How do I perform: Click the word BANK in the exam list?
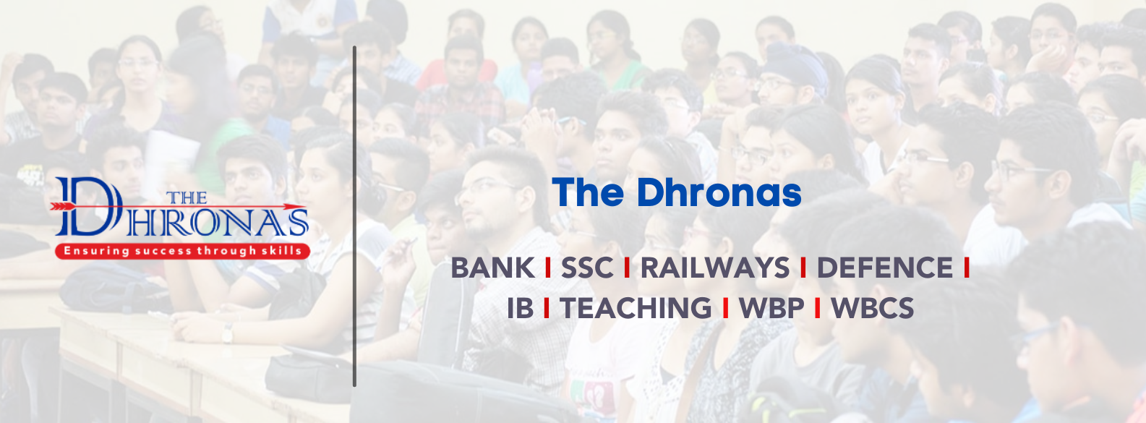[492, 268]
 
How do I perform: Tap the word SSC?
[587, 268]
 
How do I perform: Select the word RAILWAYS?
[715, 268]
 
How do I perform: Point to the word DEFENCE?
[884, 268]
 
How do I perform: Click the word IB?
[520, 308]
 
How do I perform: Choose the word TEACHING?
[636, 308]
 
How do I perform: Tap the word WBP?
[771, 308]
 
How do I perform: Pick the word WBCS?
[872, 308]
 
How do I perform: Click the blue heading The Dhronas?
[676, 192]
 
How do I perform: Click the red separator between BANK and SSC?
[548, 268]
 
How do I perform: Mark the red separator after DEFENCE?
[967, 268]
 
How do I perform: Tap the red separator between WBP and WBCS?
[817, 308]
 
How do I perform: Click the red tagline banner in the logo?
[183, 251]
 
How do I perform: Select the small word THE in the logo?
[187, 197]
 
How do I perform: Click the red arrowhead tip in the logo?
[306, 207]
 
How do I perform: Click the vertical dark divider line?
[354, 216]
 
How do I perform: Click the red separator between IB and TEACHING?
[547, 308]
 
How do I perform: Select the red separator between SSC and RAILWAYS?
[627, 268]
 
